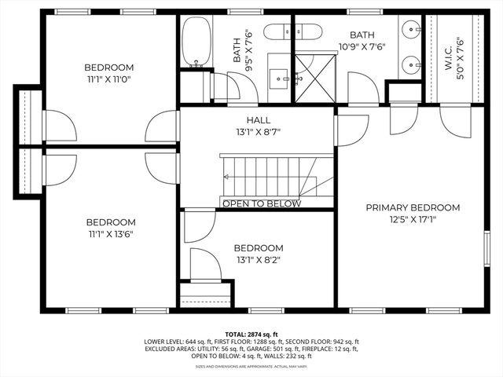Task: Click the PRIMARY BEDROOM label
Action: point(413,207)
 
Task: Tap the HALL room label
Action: point(258,119)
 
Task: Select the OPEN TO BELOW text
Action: point(262,204)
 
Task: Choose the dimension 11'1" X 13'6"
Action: point(110,234)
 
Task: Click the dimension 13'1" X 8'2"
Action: point(258,259)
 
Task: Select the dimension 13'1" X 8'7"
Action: point(258,131)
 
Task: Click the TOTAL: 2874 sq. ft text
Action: point(251,334)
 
